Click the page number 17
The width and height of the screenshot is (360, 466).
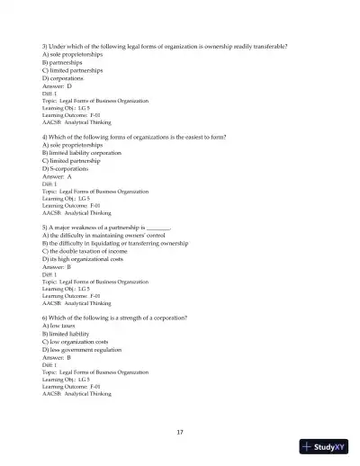pos(180,432)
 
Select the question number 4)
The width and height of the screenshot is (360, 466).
pos(46,138)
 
